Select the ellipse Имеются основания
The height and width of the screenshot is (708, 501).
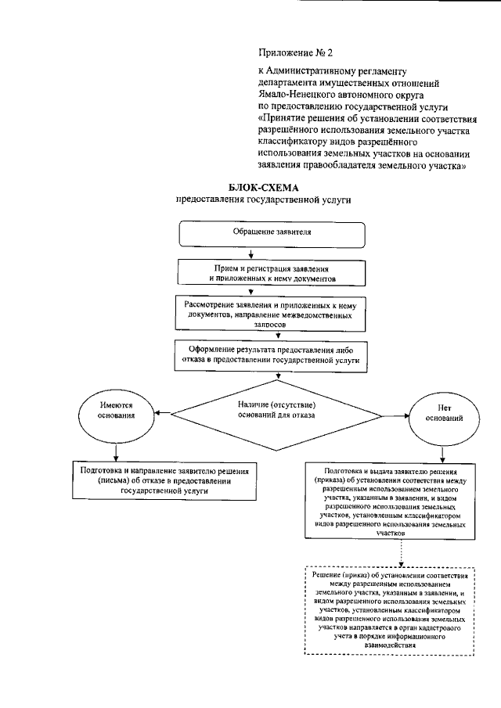(x=117, y=412)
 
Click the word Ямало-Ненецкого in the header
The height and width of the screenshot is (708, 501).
(x=294, y=91)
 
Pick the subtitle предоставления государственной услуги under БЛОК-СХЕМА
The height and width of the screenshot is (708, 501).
(x=263, y=200)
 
